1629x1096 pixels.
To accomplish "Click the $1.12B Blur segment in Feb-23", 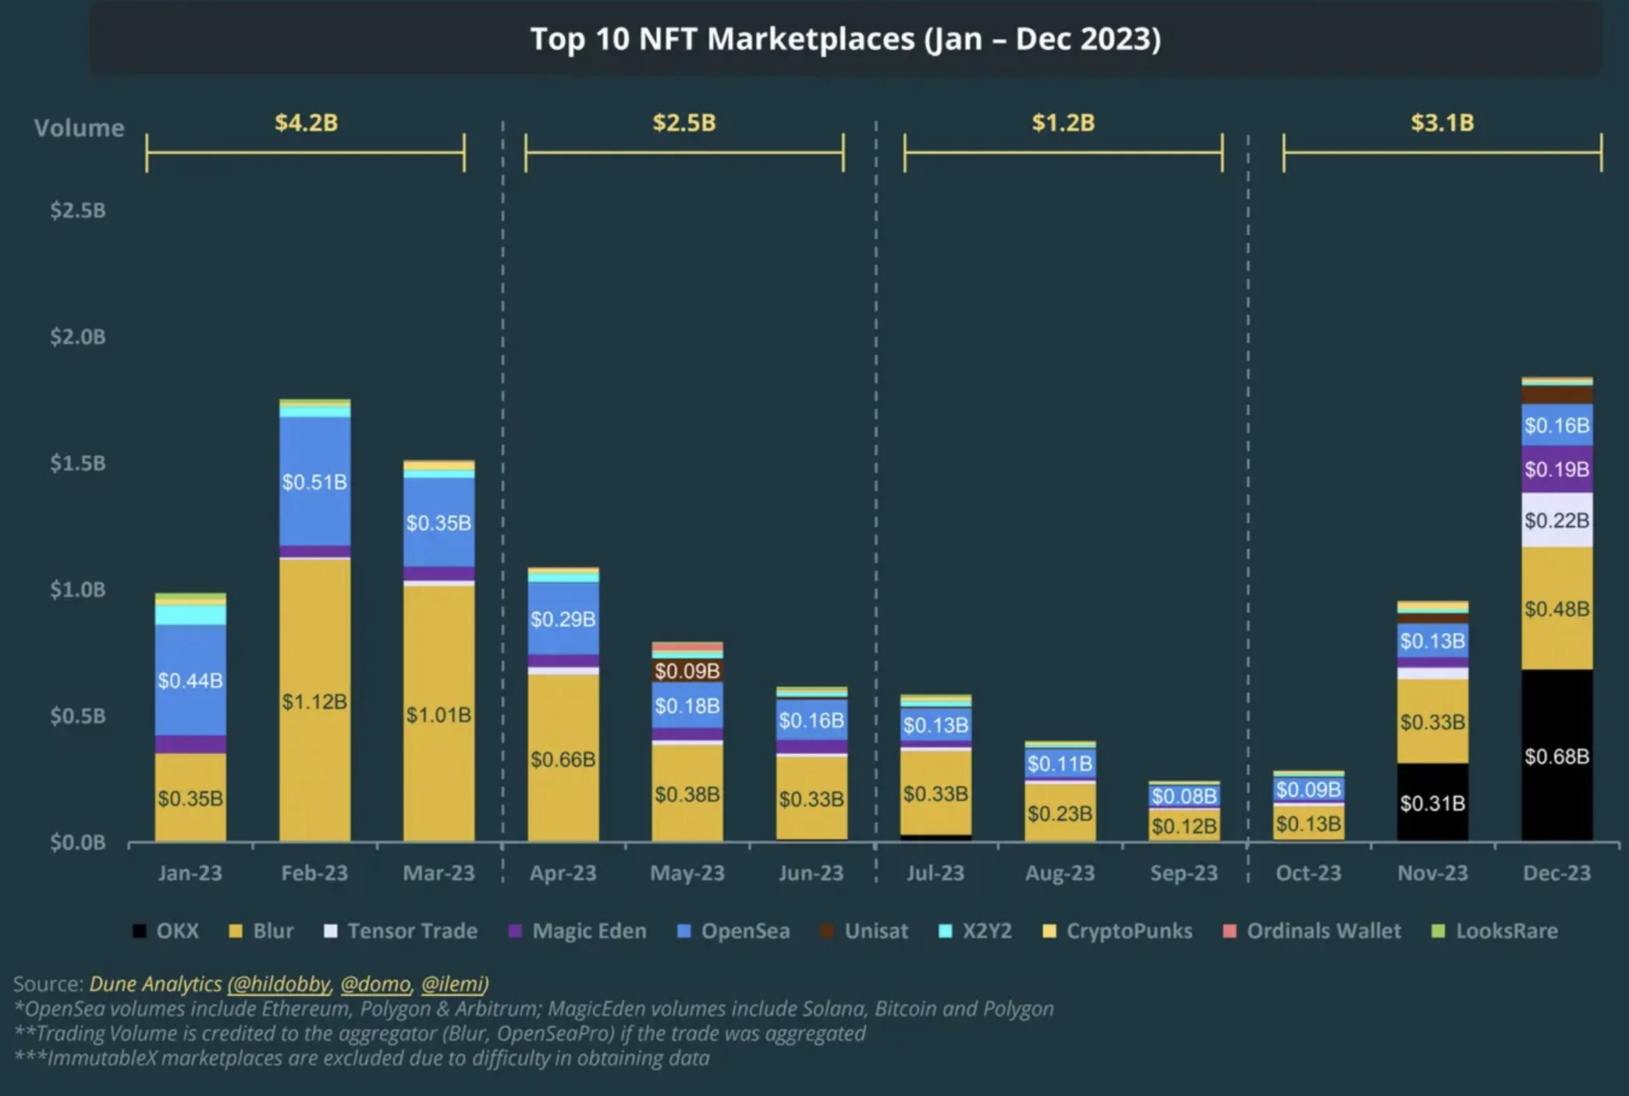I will [x=314, y=700].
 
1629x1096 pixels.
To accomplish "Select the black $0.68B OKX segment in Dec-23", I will [x=1556, y=755].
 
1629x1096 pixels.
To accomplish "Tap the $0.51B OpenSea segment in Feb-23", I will [x=314, y=482].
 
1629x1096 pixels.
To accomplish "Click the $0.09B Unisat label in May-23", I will [x=687, y=671].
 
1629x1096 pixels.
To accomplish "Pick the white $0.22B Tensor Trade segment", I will [x=1556, y=520].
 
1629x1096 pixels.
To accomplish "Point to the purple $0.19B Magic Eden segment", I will [x=1556, y=469].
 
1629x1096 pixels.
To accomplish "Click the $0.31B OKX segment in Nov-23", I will [x=1432, y=802].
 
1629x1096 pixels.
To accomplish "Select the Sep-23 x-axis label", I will [x=1184, y=873].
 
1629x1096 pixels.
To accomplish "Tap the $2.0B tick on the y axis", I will [x=77, y=336].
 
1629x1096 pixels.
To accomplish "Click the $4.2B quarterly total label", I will [x=306, y=123].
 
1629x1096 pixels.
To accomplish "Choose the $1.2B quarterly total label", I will [x=1063, y=123].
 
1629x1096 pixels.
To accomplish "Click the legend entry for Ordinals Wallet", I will [x=1323, y=931].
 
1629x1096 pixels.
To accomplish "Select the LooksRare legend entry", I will [x=1506, y=931].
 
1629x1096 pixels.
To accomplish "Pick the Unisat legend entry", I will [x=875, y=931].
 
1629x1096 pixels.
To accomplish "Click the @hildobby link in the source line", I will [x=279, y=984].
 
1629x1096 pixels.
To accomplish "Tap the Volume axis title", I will [x=79, y=128].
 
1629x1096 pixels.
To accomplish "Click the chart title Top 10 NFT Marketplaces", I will [x=846, y=39].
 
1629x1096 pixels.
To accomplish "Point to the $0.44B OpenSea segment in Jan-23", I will [x=190, y=680].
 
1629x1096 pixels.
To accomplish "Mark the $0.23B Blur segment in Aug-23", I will [x=1059, y=813].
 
